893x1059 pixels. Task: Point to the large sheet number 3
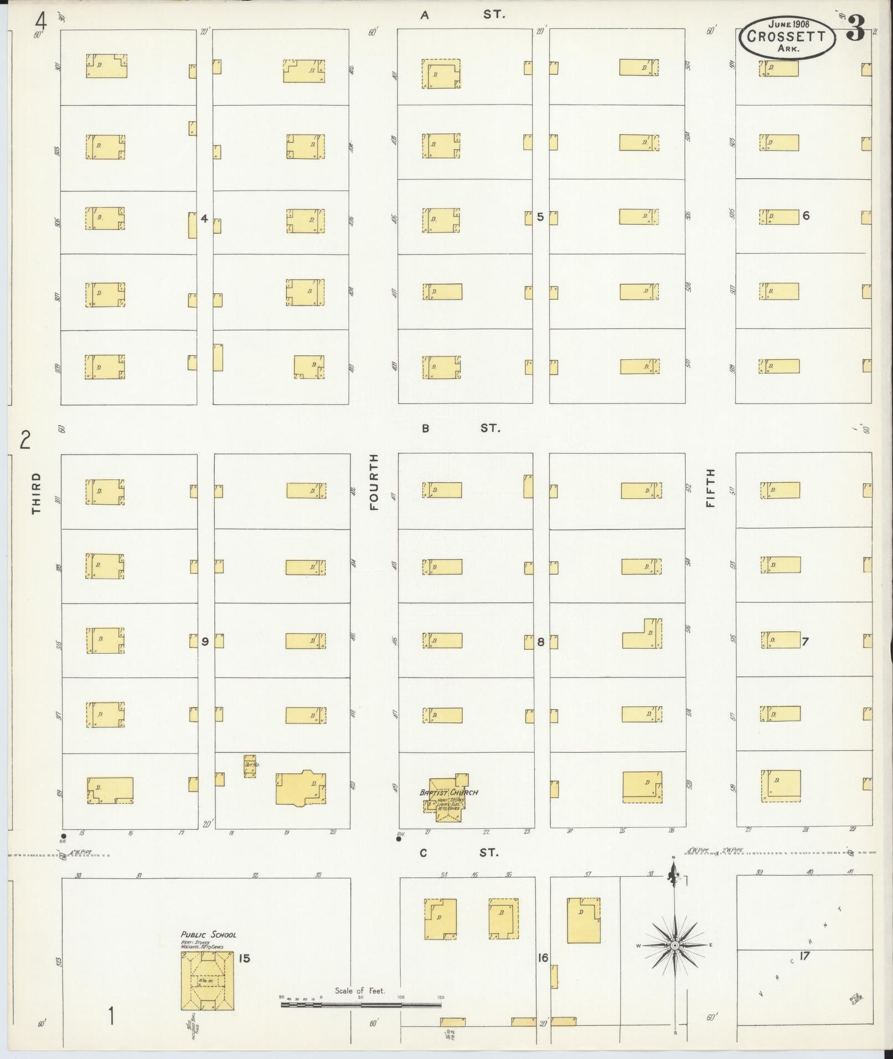856,30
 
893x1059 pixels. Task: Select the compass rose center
674,946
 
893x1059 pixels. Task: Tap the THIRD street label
37,493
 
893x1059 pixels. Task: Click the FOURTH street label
374,482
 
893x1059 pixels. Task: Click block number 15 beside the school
244,958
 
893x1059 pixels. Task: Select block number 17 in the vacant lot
804,955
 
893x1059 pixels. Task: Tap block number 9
205,642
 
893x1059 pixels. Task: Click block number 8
541,642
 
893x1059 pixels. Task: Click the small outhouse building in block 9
250,765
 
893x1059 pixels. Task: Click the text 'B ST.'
460,428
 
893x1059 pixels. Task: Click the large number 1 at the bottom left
111,1016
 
